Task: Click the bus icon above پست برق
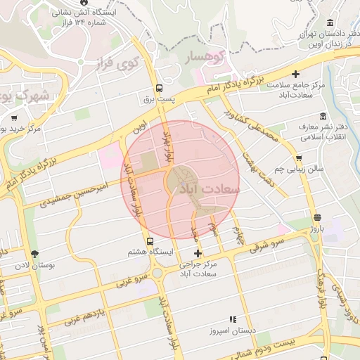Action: pos(159,89)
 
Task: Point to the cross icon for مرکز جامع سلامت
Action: pos(296,74)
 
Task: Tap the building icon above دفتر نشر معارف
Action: pos(323,116)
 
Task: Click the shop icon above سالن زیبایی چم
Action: pos(300,158)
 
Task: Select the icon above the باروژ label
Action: pos(317,217)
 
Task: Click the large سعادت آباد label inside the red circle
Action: pos(210,189)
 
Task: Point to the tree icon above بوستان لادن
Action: pos(34,254)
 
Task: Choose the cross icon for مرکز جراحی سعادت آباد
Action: pos(198,253)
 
